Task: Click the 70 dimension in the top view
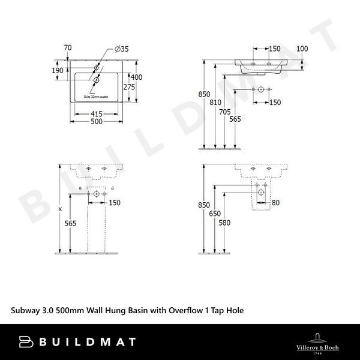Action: point(67,47)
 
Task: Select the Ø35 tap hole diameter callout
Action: point(122,50)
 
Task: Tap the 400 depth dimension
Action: point(137,77)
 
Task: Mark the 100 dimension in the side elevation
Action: point(302,48)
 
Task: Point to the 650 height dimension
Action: point(215,214)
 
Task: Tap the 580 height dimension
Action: point(224,223)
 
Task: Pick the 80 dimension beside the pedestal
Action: point(275,203)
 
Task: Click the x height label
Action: point(59,209)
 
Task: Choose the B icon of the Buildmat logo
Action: point(26,342)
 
